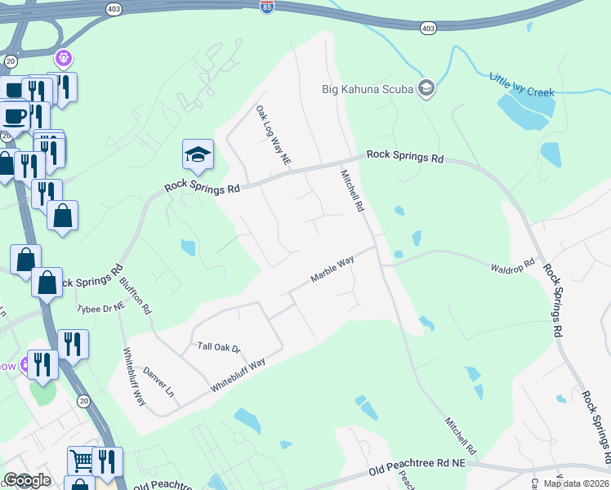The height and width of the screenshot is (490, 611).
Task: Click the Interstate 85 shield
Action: pos(267,7)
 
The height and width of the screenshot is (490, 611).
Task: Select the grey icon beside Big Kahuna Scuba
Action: pos(425,87)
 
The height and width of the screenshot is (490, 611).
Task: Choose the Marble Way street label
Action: pos(332,269)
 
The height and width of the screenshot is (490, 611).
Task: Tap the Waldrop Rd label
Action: pos(512,266)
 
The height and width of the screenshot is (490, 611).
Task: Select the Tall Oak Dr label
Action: pos(220,347)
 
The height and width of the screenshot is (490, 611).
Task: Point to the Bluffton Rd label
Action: pos(136,294)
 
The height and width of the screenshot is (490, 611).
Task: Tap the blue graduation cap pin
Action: pos(196,155)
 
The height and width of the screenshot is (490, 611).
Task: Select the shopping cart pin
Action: pos(81,461)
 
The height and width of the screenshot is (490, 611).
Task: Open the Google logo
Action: pos(27,480)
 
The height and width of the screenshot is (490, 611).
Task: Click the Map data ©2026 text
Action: pos(575,483)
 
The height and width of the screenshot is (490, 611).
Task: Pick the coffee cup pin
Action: pos(15,114)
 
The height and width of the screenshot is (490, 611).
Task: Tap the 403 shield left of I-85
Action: pos(114,8)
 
